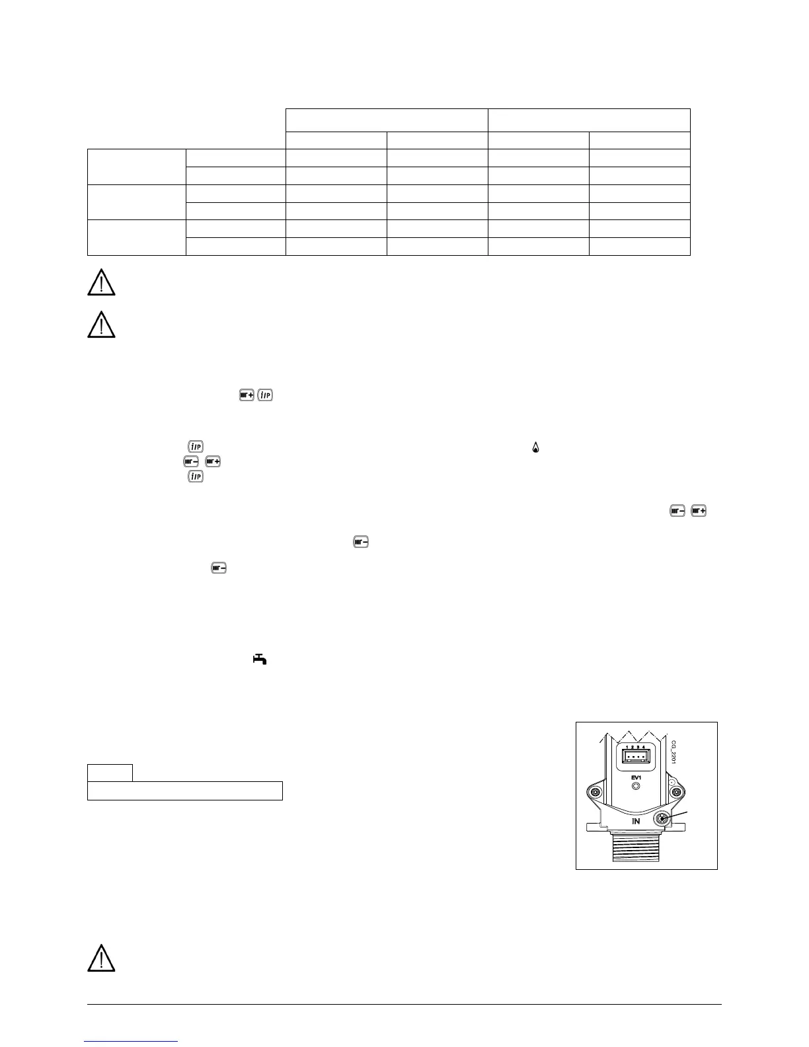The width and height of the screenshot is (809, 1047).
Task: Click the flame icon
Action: [x=535, y=448]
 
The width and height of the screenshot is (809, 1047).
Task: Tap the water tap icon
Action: [x=260, y=658]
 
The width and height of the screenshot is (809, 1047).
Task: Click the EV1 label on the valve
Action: [x=636, y=777]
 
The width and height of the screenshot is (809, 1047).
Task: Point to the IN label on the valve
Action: [x=636, y=821]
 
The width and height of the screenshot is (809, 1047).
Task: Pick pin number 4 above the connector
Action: [x=644, y=746]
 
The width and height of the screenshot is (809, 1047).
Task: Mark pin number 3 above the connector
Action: [x=638, y=746]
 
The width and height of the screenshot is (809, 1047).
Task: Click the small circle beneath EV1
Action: [x=636, y=787]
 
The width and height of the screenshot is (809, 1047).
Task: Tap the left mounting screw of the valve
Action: [x=596, y=792]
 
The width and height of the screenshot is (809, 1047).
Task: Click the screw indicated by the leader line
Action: [x=662, y=820]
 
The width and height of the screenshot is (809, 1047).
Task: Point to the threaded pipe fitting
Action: [x=636, y=846]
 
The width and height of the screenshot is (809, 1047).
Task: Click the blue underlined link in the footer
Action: [x=132, y=1041]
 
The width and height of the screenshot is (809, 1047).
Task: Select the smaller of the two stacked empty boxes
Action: [x=110, y=772]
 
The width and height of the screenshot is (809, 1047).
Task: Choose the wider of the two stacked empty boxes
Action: [x=185, y=791]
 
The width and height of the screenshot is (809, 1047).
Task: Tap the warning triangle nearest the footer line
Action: [x=101, y=958]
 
